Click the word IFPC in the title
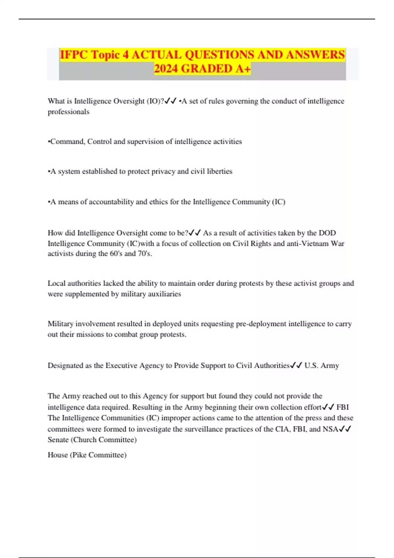[74, 55]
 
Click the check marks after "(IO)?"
[171, 101]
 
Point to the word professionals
[68, 112]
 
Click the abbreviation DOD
[327, 233]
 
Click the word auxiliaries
[164, 294]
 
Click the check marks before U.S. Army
[296, 366]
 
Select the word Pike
[79, 455]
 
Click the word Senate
[58, 440]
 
